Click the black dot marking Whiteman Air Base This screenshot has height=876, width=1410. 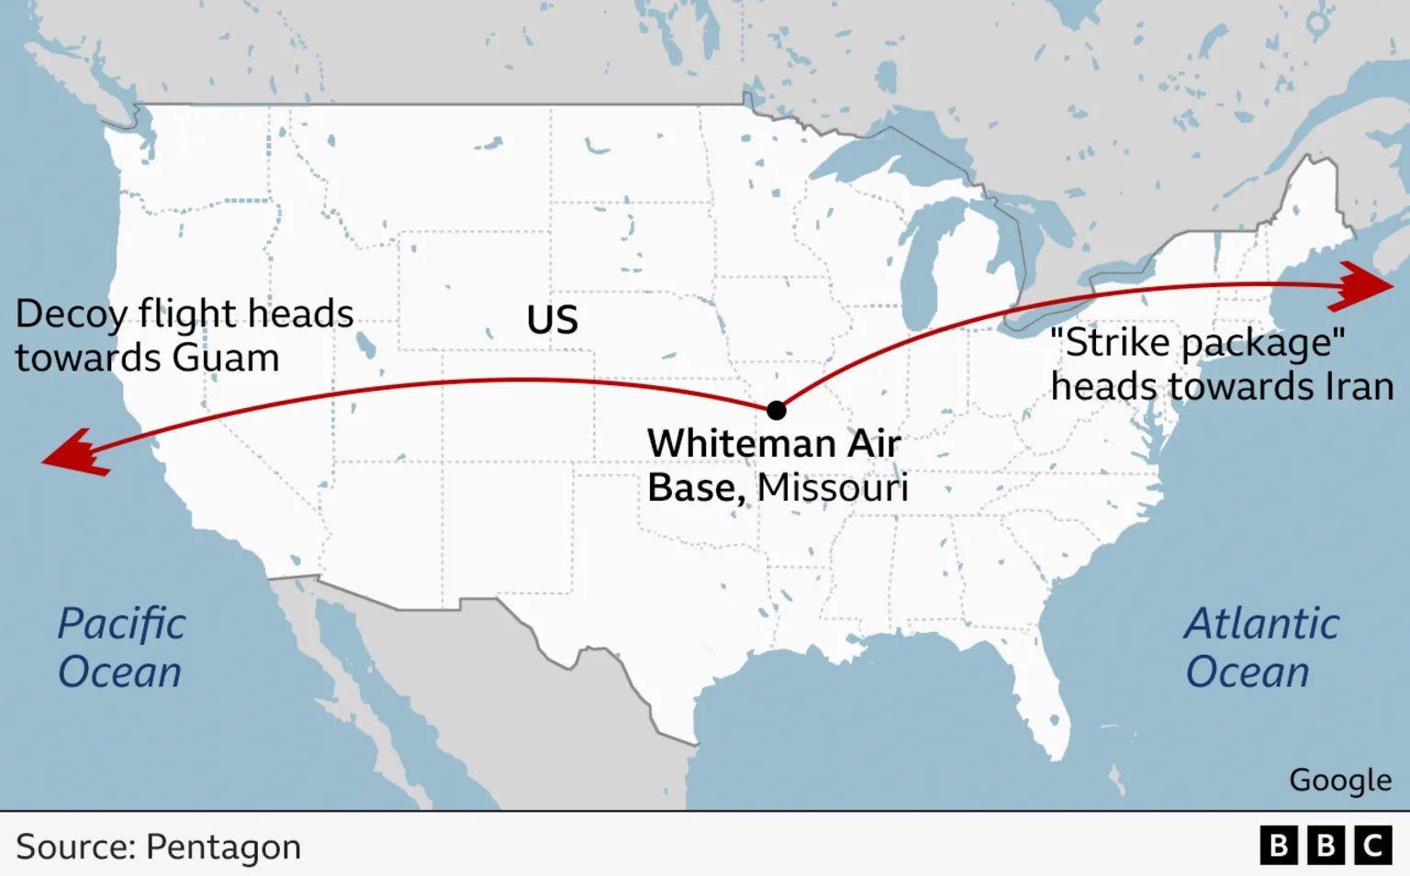point(776,409)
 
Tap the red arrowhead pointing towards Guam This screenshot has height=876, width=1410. point(75,452)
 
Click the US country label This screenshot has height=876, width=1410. point(552,320)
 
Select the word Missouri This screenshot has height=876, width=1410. point(833,488)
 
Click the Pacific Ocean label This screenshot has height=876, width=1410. point(120,648)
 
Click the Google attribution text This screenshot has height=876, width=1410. point(1339,780)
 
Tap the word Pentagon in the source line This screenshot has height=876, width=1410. point(223,847)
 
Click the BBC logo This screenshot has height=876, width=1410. point(1326,845)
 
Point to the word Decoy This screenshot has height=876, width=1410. point(71,315)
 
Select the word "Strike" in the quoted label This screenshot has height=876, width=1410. point(1112,343)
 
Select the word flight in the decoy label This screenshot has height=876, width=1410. point(188,315)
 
